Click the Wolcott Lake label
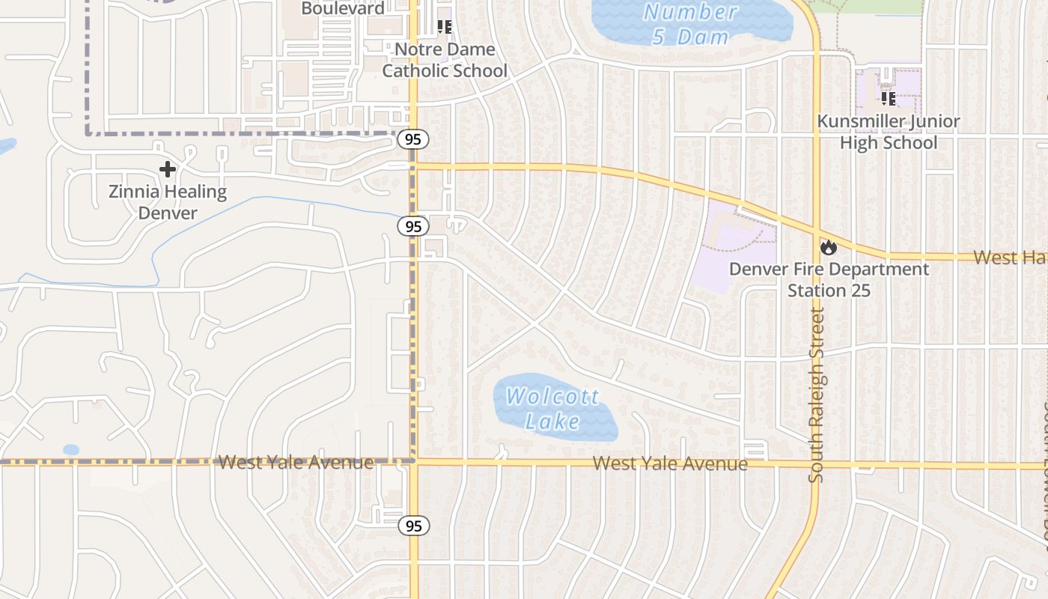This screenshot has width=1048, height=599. (x=552, y=408)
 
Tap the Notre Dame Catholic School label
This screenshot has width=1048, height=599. (x=445, y=60)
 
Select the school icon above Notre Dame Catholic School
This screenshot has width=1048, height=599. (x=445, y=27)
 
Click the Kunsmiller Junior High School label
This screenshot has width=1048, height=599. (x=889, y=132)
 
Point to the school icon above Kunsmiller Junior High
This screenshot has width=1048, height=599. (x=889, y=98)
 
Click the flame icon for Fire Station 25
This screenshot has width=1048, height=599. (x=828, y=246)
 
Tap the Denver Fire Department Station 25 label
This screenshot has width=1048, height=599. (x=829, y=279)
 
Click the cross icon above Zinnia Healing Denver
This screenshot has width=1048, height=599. (x=168, y=169)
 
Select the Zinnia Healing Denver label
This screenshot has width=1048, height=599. (x=168, y=202)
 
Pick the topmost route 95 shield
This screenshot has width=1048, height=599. (x=413, y=139)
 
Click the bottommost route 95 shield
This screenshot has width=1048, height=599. (x=413, y=526)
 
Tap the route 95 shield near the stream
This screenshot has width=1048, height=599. (x=412, y=226)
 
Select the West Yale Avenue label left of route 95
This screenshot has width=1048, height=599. (x=296, y=462)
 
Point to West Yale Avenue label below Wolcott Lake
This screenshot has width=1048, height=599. (x=670, y=463)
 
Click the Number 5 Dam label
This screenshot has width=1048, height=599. (x=690, y=24)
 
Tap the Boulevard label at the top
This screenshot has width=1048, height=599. (x=343, y=9)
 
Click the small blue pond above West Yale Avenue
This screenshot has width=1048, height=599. (x=71, y=450)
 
